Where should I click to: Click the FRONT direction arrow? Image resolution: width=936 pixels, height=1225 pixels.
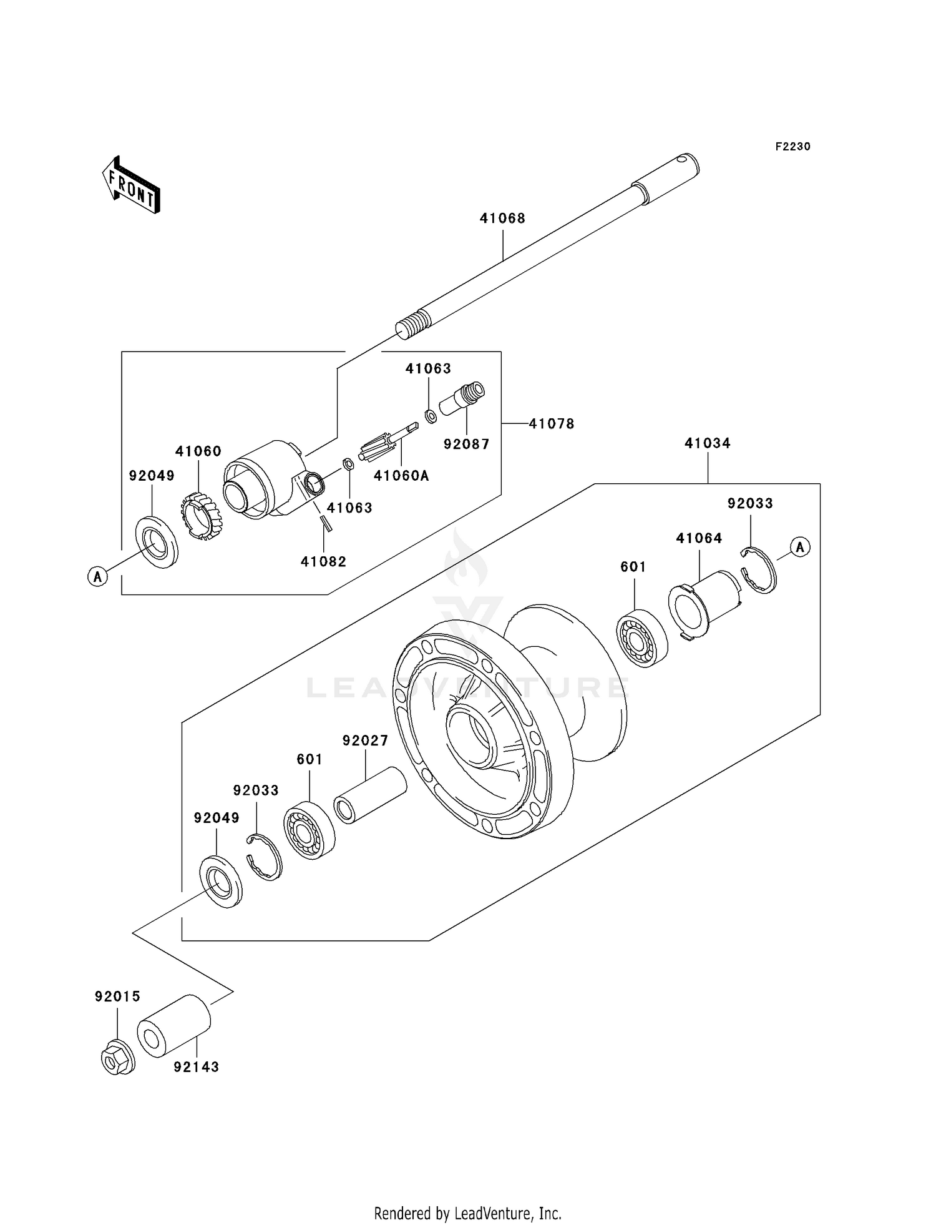click(131, 185)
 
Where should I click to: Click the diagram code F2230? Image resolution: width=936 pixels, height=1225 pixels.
click(792, 147)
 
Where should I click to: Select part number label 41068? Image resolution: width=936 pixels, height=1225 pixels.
click(502, 219)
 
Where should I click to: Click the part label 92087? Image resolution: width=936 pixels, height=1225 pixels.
click(466, 445)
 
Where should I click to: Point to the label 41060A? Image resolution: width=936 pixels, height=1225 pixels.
click(401, 476)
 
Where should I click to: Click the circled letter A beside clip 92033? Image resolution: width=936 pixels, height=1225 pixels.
click(800, 547)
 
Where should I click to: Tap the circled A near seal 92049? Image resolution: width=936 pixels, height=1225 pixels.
click(97, 576)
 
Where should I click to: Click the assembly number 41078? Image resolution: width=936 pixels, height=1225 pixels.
click(551, 424)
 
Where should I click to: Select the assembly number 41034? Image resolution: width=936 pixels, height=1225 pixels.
click(707, 443)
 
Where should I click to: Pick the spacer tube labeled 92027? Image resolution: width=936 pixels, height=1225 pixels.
click(369, 795)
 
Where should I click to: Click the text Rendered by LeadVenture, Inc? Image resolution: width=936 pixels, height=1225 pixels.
click(467, 1213)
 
